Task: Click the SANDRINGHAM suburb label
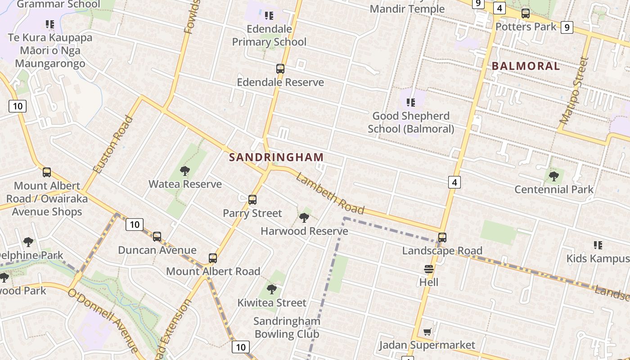[276, 157]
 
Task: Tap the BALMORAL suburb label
[526, 66]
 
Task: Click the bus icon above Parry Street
[252, 199]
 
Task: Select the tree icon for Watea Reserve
[184, 171]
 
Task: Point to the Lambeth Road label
[330, 193]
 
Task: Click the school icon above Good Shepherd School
[410, 103]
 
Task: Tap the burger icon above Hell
[428, 269]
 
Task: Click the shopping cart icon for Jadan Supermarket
[427, 332]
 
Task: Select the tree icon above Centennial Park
[554, 176]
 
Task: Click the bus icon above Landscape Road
[442, 237]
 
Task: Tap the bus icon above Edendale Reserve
[280, 69]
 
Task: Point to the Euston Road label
[113, 144]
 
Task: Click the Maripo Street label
[574, 90]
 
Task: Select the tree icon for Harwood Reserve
[304, 218]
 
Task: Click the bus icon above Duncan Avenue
[157, 236]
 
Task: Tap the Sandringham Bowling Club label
[287, 328]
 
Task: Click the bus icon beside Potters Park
[525, 13]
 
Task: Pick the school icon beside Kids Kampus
[598, 245]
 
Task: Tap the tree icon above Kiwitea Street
[271, 289]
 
